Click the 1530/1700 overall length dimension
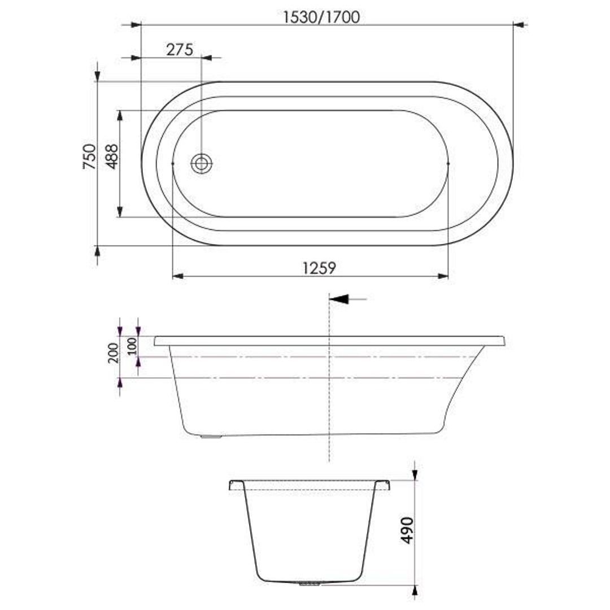(321, 18)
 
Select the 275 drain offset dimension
(180, 50)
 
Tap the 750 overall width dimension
(89, 157)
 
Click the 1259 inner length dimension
(319, 268)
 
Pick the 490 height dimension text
(407, 530)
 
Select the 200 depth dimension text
(112, 352)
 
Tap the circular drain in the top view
(202, 164)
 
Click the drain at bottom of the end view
(309, 583)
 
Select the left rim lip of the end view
(236, 485)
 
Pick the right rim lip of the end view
(383, 485)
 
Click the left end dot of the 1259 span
(172, 163)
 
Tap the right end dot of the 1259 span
(448, 163)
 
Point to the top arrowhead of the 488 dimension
(120, 116)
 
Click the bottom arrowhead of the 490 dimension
(415, 590)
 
